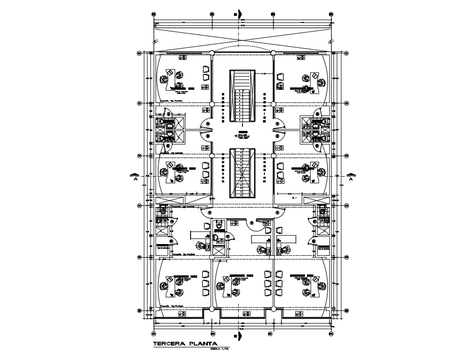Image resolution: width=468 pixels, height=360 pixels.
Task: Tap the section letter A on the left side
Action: tap(135, 178)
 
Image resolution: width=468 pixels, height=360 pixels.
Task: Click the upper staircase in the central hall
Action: tap(242, 96)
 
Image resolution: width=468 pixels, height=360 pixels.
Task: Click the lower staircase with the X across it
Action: tap(242, 173)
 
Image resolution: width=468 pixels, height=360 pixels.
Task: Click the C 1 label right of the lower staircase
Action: tap(294, 198)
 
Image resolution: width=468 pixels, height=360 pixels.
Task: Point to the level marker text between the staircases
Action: tap(242, 136)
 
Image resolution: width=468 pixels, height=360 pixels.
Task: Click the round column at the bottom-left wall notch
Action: tap(212, 309)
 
